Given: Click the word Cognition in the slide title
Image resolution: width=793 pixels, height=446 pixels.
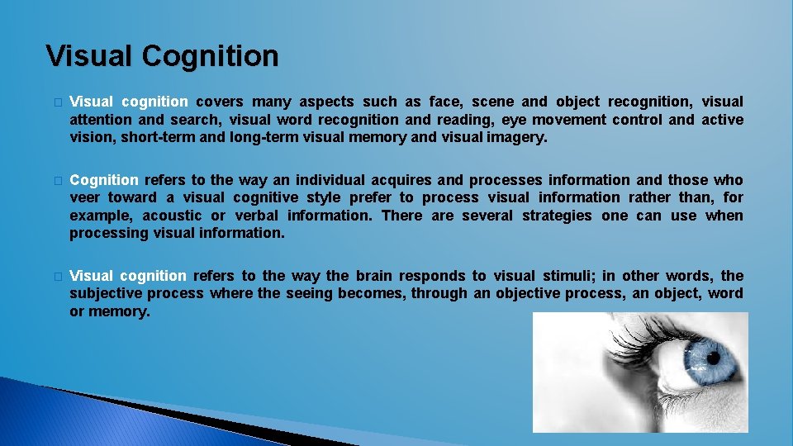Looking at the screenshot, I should click(210, 56).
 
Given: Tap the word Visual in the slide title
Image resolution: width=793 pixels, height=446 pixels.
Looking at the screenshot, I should click(90, 56).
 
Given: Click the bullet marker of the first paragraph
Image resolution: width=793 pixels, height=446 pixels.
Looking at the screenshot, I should click(56, 102).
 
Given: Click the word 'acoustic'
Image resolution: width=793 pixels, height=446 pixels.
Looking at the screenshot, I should click(172, 216).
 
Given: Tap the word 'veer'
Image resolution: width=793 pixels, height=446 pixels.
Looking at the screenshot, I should click(83, 197).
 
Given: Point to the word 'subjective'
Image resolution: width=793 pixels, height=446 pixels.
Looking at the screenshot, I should click(104, 293).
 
